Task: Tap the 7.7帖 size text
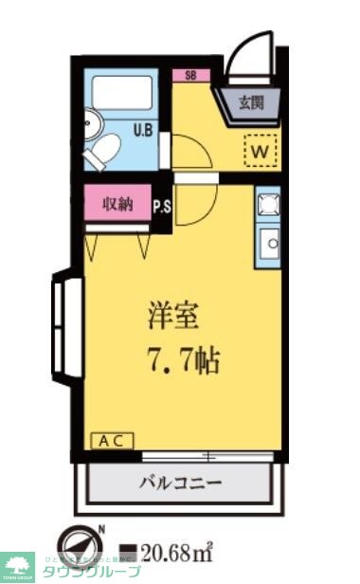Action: [183, 360]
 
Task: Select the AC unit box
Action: [113, 441]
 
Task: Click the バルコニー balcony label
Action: [181, 483]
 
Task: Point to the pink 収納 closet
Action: [118, 204]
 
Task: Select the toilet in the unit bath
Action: [103, 150]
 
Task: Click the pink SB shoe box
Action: [190, 76]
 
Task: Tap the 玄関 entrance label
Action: [251, 102]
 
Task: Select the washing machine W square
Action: [261, 148]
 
